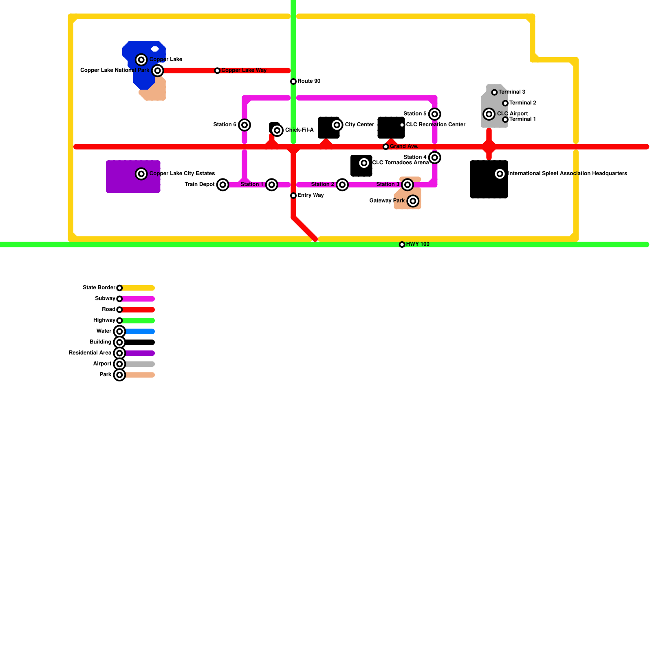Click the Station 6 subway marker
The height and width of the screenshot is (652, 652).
tap(244, 125)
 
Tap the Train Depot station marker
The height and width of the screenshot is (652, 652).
tap(222, 185)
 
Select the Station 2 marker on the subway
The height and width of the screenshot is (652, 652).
tap(342, 185)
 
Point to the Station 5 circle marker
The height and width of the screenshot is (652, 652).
tap(435, 114)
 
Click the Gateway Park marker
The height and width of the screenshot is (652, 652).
tap(413, 201)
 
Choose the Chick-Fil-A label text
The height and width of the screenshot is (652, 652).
tap(299, 130)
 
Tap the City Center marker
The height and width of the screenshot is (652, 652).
tap(337, 125)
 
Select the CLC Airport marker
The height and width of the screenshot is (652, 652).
tap(489, 114)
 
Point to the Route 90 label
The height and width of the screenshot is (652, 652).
tap(308, 81)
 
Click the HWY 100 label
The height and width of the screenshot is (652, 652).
tap(417, 244)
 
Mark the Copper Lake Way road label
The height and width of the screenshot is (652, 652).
tap(244, 70)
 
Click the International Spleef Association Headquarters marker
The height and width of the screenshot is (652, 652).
tap(500, 174)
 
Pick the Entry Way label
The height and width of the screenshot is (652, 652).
tap(310, 196)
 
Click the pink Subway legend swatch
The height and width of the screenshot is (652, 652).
tap(139, 299)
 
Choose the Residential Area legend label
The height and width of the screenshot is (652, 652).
tap(90, 353)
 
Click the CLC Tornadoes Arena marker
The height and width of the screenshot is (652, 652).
tap(364, 163)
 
